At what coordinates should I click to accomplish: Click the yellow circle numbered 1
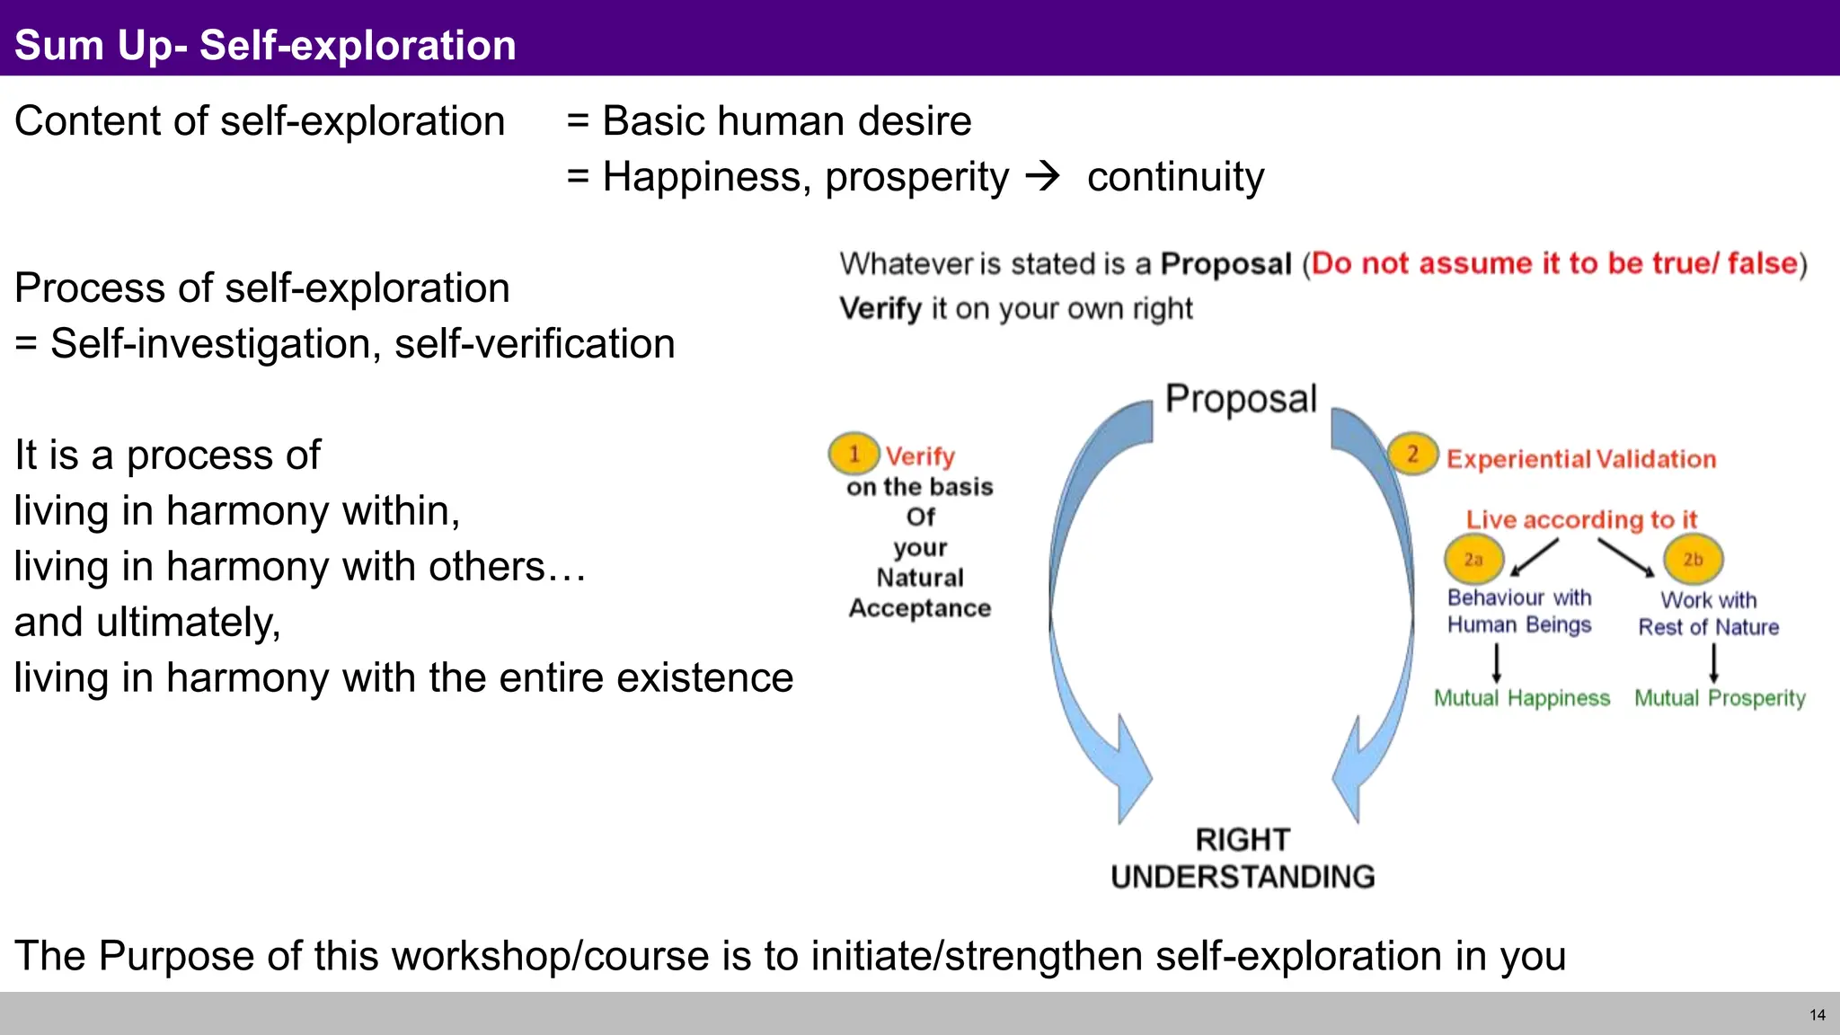(x=854, y=454)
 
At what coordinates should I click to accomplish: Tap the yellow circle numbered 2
(x=1412, y=454)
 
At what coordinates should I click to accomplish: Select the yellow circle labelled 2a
(x=1473, y=560)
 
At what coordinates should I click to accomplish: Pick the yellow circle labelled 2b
(x=1693, y=560)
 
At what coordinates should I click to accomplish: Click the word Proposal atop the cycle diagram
(x=1241, y=399)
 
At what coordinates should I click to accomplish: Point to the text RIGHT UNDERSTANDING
(x=1243, y=858)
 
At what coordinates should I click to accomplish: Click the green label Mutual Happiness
(x=1522, y=698)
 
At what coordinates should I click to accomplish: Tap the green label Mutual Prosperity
(x=1720, y=698)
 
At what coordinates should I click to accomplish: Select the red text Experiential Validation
(x=1581, y=459)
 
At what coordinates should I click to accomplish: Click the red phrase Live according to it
(x=1581, y=519)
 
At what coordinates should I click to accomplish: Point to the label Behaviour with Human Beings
(x=1519, y=611)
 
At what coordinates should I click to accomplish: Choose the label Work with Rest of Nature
(x=1709, y=614)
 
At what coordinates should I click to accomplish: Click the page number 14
(x=1817, y=1015)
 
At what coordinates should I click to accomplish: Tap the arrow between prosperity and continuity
(x=1043, y=175)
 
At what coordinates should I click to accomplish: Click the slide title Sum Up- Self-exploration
(x=265, y=45)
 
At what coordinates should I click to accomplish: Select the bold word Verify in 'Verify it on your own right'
(x=880, y=309)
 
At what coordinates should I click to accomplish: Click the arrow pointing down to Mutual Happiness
(x=1497, y=664)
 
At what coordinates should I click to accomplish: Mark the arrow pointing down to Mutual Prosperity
(x=1714, y=664)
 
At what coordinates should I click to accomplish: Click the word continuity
(x=1175, y=177)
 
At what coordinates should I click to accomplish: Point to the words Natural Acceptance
(x=920, y=593)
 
